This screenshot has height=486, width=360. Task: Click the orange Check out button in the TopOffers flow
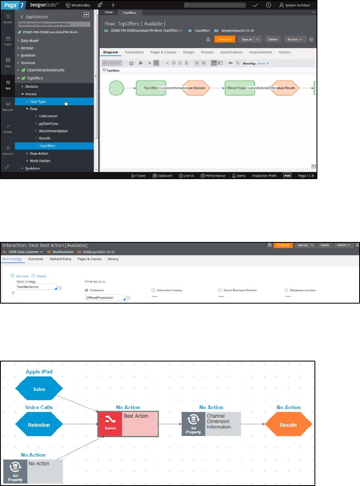click(225, 39)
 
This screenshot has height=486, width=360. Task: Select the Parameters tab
click(134, 53)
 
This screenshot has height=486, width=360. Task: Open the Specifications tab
click(231, 53)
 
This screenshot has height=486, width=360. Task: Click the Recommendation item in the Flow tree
click(53, 131)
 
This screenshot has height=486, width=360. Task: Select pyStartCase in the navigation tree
click(48, 124)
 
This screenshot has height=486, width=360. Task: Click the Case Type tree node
click(38, 101)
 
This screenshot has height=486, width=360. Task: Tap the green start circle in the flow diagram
click(116, 88)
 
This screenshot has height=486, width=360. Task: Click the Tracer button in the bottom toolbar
click(138, 176)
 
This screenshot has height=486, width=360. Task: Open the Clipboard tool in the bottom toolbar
click(162, 176)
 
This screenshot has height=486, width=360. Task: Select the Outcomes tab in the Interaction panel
click(36, 259)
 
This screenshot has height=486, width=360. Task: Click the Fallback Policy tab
click(61, 259)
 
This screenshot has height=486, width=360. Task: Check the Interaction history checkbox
click(154, 290)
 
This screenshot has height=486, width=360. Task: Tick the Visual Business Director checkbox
click(220, 290)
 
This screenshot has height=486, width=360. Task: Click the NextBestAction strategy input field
click(35, 287)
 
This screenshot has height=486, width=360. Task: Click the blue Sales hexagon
click(39, 389)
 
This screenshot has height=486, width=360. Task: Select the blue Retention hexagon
click(39, 425)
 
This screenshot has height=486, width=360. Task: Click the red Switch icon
click(110, 424)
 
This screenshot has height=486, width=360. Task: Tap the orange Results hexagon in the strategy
click(288, 425)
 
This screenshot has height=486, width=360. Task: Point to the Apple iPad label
click(39, 372)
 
